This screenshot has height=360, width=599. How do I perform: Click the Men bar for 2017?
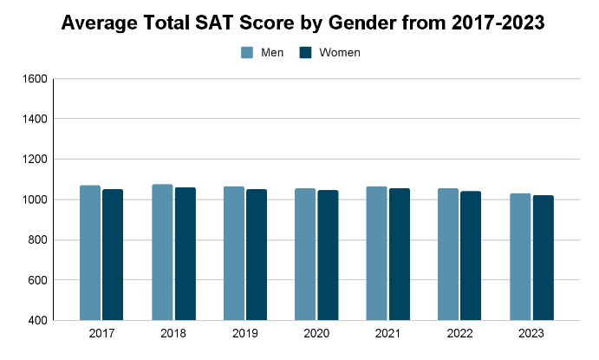tap(90, 252)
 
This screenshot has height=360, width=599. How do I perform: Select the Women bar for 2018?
tap(185, 253)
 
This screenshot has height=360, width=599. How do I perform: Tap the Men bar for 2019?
tap(234, 253)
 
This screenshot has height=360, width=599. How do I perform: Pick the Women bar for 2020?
tap(328, 255)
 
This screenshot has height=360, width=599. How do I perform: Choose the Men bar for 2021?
tap(376, 253)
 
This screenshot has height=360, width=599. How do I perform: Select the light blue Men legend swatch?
tap(247, 53)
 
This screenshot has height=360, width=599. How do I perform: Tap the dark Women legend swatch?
tap(305, 53)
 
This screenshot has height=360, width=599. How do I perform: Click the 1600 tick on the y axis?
tap(35, 79)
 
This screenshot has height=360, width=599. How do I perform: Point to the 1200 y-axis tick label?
tap(35, 160)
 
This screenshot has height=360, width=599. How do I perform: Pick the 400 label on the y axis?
tap(37, 321)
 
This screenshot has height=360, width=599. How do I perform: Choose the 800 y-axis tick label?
tap(37, 240)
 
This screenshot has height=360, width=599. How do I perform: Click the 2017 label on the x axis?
tap(101, 333)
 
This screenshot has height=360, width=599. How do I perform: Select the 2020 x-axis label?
tap(316, 333)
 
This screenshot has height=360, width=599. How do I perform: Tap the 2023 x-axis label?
tap(531, 333)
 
